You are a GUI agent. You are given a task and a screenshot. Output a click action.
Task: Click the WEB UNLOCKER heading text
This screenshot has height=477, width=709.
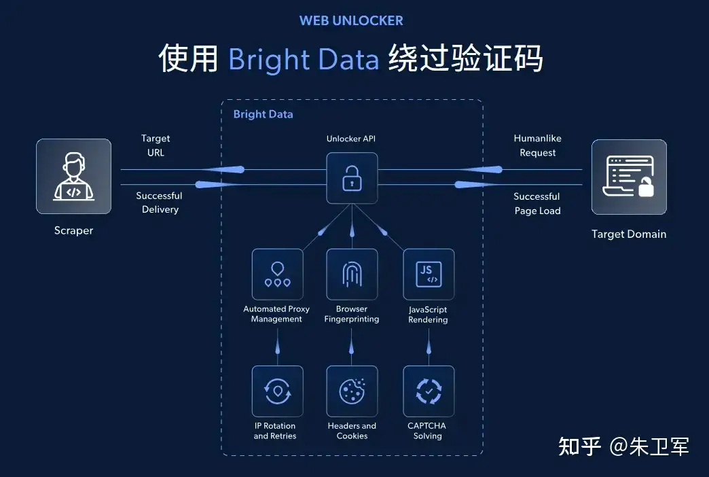(x=351, y=20)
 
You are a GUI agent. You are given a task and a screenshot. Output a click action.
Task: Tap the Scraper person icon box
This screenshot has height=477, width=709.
(x=73, y=177)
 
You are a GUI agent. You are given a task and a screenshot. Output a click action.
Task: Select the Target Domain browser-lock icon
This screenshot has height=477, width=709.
(x=629, y=177)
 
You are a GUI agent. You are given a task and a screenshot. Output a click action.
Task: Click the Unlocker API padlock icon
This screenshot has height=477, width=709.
(x=352, y=178)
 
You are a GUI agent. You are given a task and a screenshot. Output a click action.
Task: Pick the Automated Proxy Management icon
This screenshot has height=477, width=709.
(x=277, y=274)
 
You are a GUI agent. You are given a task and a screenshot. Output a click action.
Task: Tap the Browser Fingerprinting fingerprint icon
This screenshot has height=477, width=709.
(x=352, y=274)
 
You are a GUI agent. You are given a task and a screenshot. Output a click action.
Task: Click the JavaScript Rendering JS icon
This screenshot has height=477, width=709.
(x=429, y=274)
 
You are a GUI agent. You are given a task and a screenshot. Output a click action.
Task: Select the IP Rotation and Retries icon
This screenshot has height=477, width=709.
(x=277, y=391)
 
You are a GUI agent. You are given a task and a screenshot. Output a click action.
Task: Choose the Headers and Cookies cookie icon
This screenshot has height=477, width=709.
(x=352, y=391)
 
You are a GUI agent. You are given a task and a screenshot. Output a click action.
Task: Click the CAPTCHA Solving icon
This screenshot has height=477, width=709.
(x=429, y=391)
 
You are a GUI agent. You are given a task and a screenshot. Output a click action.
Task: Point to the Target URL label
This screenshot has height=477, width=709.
(x=156, y=145)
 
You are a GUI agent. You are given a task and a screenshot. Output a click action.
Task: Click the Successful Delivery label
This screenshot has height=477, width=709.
(x=160, y=202)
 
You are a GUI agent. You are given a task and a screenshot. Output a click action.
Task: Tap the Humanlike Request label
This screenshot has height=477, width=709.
(x=538, y=145)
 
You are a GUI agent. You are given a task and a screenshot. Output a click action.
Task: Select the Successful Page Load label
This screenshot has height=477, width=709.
(x=537, y=203)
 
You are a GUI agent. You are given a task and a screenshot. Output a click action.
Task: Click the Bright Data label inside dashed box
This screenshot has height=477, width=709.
(x=263, y=114)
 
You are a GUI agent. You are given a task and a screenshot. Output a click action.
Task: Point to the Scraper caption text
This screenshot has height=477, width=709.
(x=73, y=230)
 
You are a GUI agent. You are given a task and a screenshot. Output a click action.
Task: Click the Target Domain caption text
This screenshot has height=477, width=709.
(x=629, y=234)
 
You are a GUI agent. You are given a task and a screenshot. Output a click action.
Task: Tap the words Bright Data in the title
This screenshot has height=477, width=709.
(x=303, y=60)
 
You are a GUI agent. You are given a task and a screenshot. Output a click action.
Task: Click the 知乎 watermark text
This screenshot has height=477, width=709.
(x=580, y=446)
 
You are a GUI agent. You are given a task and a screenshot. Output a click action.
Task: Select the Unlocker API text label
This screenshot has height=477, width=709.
(x=351, y=139)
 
